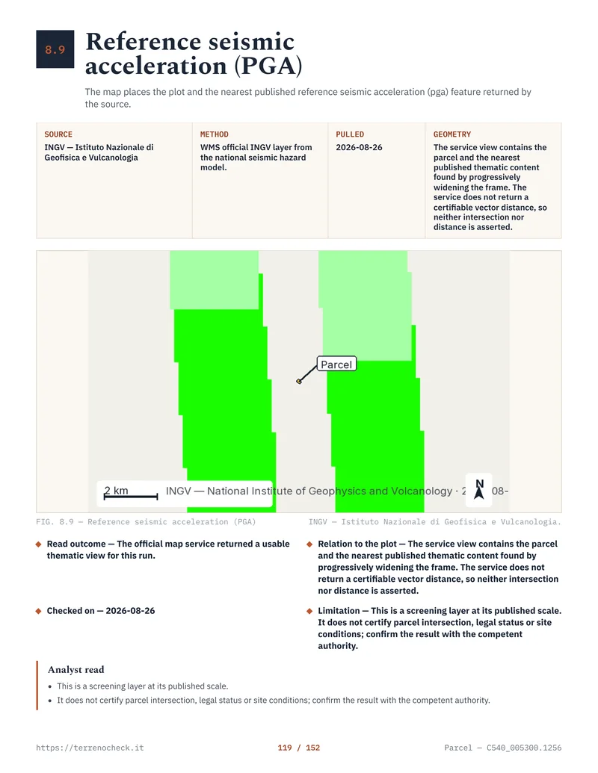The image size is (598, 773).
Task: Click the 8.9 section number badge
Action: click(55, 49)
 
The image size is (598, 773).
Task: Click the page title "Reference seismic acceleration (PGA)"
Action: click(194, 54)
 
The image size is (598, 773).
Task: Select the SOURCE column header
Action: click(58, 134)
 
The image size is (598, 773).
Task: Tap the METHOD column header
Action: click(214, 134)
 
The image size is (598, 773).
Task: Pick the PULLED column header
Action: click(350, 134)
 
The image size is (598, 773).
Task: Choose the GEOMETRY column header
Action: click(452, 134)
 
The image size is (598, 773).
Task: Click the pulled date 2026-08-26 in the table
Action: click(359, 147)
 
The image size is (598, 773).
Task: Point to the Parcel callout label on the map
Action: click(336, 364)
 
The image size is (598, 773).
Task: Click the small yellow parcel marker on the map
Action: click(299, 381)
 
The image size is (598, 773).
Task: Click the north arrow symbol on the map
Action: click(479, 489)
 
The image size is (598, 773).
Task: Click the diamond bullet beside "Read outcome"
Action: click(38, 544)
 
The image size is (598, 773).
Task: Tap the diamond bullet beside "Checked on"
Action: click(38, 611)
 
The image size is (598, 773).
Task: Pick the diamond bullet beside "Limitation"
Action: click(309, 611)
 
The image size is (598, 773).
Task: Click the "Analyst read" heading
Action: click(76, 669)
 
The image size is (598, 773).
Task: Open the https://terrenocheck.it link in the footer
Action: click(90, 748)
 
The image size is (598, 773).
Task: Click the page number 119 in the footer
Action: click(285, 748)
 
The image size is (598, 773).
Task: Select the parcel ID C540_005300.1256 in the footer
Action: click(524, 748)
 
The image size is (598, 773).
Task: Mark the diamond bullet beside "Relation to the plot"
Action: click(309, 544)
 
